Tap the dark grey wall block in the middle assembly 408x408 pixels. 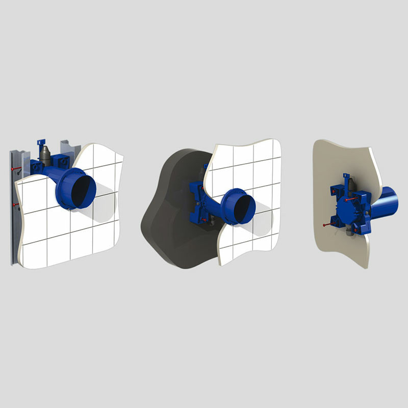coord(163,214)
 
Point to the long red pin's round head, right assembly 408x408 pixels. coord(325,225)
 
